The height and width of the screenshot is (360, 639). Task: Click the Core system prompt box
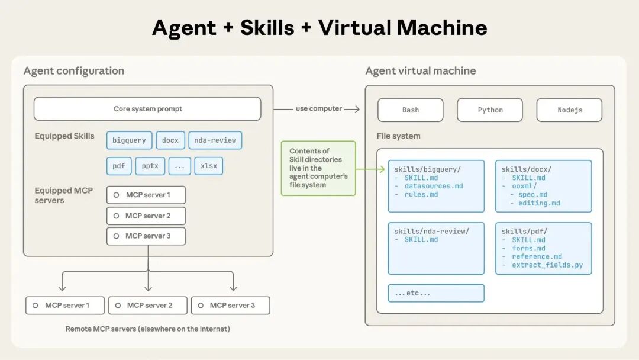147,109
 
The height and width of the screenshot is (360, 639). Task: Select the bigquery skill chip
129,140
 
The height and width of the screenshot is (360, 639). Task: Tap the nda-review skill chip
215,140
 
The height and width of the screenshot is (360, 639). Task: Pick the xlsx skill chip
208,166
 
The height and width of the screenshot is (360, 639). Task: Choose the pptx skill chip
150,166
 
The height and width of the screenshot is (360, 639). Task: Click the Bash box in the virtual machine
410,110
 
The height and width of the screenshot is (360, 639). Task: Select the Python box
490,110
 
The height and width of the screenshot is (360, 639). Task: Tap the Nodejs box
569,110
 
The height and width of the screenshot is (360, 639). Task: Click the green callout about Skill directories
318,168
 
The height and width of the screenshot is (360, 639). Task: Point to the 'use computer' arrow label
319,109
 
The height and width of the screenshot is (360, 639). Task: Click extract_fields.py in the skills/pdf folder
547,265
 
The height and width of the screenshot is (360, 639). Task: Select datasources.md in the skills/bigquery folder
434,186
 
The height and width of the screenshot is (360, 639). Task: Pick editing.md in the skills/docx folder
539,202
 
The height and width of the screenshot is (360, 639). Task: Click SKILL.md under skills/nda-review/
421,239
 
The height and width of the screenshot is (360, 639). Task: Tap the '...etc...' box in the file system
436,293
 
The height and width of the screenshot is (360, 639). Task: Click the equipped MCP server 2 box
146,216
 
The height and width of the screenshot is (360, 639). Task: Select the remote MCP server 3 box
231,306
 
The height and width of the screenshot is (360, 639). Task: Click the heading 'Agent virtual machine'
421,71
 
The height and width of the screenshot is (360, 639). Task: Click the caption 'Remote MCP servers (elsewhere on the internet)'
148,329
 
